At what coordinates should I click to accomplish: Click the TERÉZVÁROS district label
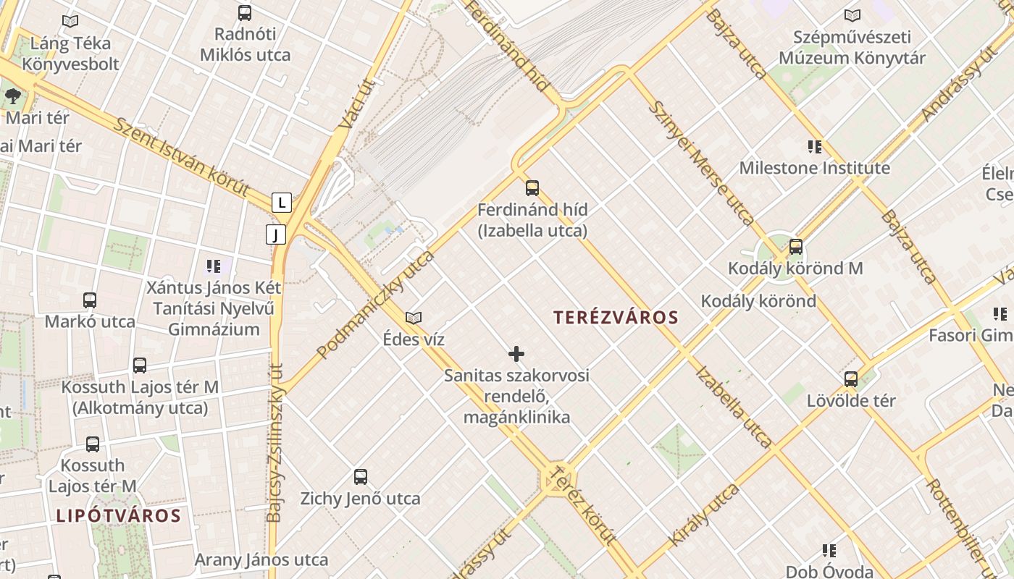point(616,317)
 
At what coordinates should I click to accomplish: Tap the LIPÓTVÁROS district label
point(118,515)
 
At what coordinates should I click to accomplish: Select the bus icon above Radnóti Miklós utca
point(245,12)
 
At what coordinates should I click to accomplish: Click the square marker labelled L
point(282,203)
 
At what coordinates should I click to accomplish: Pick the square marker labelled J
point(276,234)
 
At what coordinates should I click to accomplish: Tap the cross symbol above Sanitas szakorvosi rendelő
point(516,354)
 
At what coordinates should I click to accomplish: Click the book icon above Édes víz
point(414,318)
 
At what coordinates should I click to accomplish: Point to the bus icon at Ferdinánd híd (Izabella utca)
point(532,188)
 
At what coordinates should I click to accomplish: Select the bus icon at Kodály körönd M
point(796,247)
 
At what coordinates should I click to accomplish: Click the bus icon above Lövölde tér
point(851,379)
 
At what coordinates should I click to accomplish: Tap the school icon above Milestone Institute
point(815,147)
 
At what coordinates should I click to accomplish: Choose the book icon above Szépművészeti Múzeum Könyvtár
point(852,15)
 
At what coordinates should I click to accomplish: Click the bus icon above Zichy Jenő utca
point(361,477)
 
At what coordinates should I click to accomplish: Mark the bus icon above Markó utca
point(90,300)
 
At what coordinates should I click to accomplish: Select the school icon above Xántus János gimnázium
point(213,266)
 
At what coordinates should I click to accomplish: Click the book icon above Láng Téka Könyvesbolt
point(70,22)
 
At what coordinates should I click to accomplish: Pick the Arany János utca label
point(261,559)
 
